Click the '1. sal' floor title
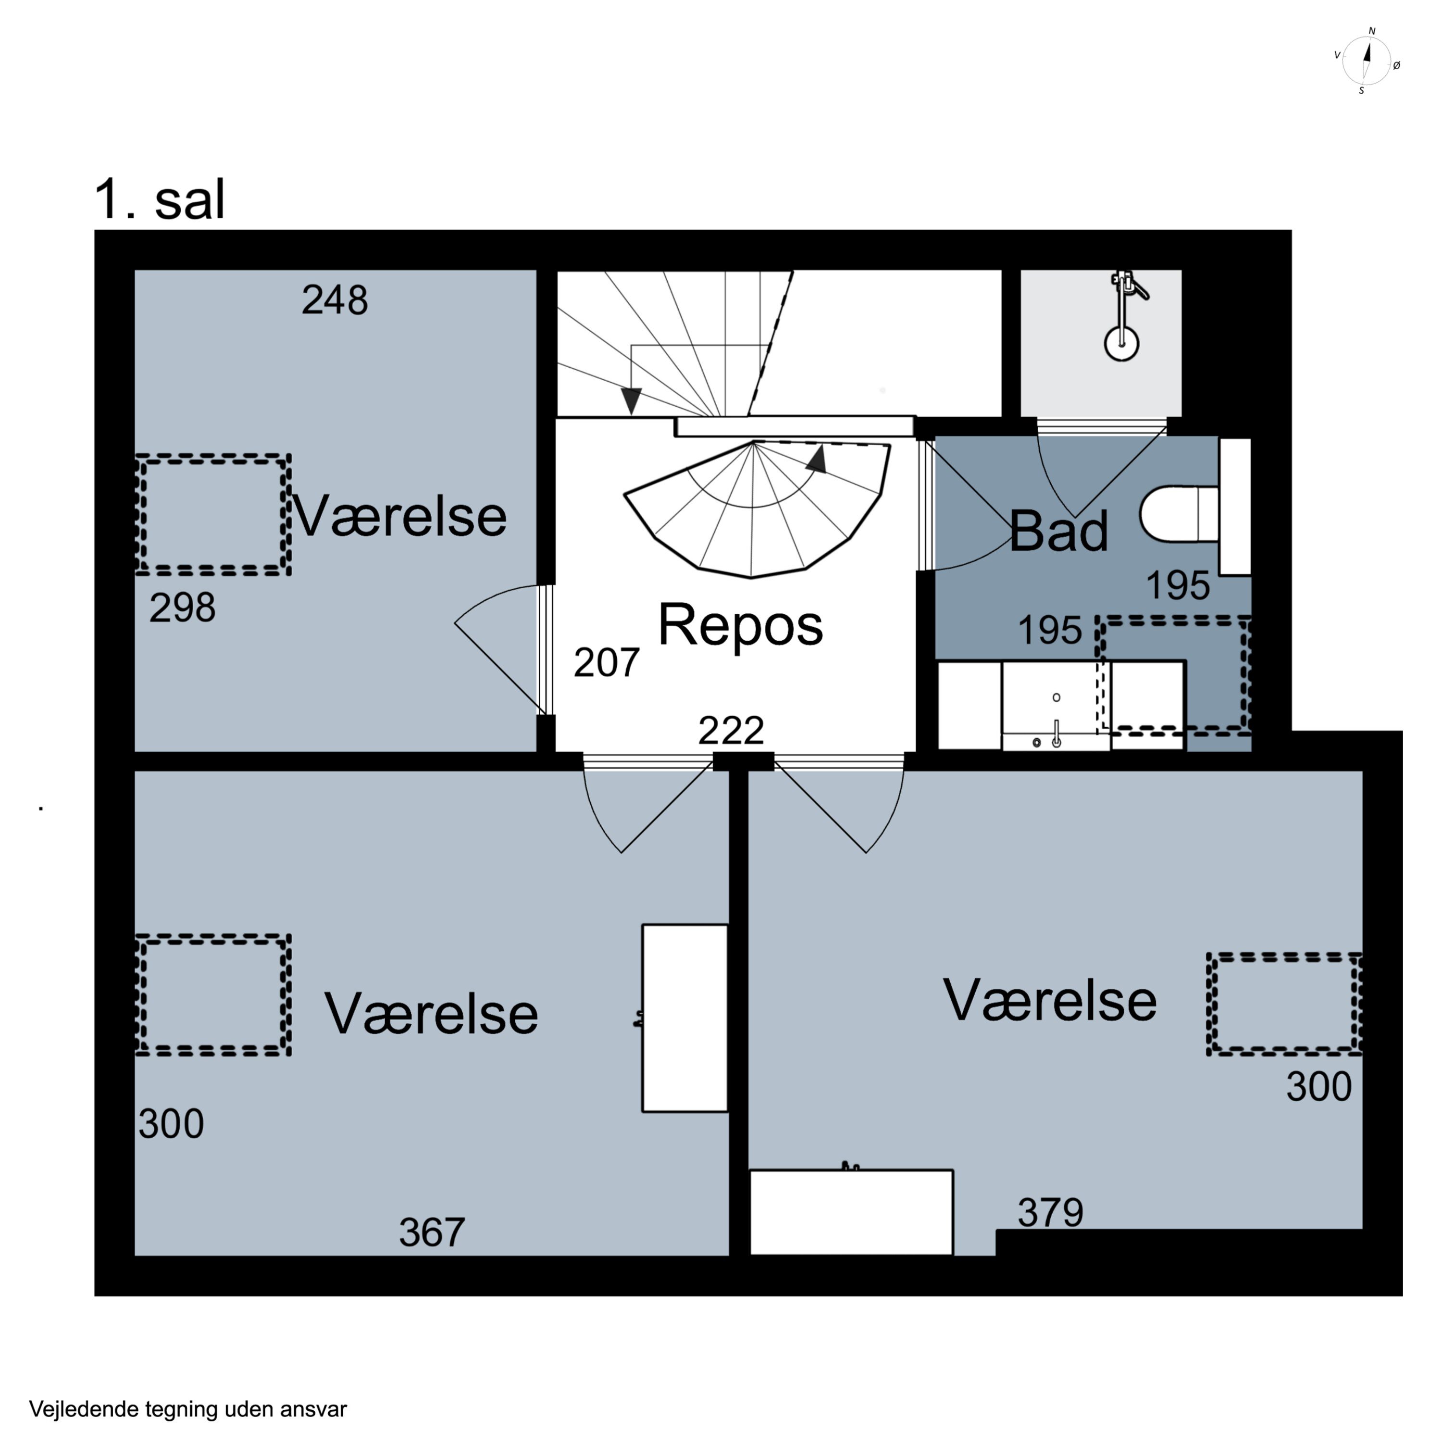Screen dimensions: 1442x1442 pyautogui.click(x=159, y=199)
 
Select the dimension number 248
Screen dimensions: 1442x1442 pyautogui.click(x=335, y=300)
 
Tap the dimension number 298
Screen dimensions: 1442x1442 pyautogui.click(x=182, y=608)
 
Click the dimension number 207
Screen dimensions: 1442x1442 pyautogui.click(x=606, y=662)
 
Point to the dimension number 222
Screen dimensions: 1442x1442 pyautogui.click(x=731, y=731)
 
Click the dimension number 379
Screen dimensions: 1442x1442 pyautogui.click(x=1050, y=1212)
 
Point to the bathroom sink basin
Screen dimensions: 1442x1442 pyautogui.click(x=1056, y=705)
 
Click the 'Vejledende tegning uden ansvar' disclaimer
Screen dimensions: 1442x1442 pyautogui.click(x=188, y=1409)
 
